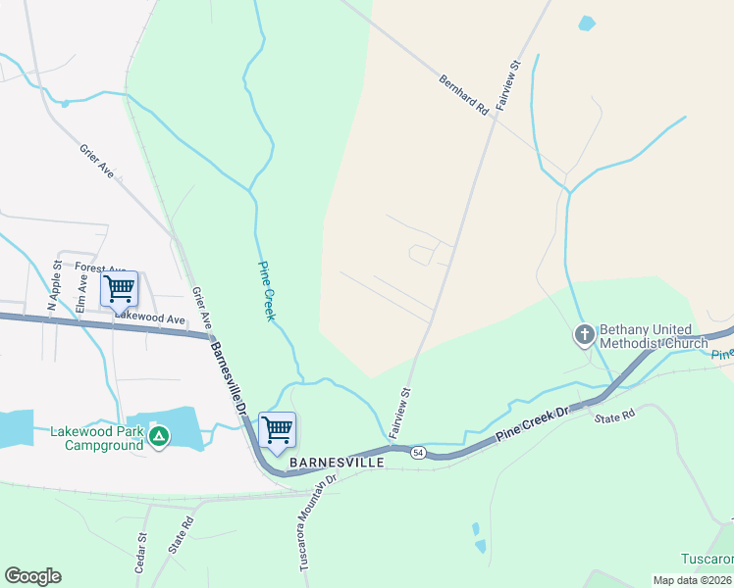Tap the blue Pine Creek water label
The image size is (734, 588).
point(266,291)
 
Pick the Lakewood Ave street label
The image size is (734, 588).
point(150,318)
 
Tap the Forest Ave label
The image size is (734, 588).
point(100,268)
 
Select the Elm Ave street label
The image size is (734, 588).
point(81,295)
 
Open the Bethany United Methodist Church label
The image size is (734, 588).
point(654,336)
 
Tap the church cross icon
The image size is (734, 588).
point(584,336)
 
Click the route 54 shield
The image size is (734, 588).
point(418,452)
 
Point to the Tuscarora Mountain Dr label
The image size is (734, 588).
point(316,524)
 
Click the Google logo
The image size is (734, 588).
point(32,576)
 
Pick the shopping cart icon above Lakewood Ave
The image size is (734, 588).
point(120,289)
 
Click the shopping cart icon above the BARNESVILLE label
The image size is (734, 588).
point(278,429)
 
